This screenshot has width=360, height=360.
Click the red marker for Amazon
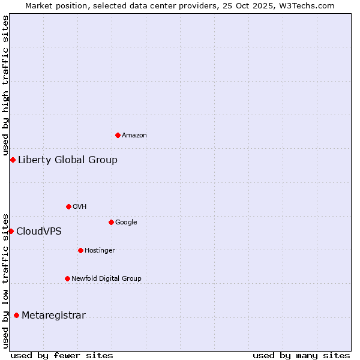click(118, 135)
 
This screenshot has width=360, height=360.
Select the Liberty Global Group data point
click(13, 160)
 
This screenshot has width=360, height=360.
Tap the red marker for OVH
click(68, 206)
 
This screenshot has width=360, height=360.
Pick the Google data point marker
click(111, 222)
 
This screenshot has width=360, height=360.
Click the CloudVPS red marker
click(11, 231)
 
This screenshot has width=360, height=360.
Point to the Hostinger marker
click(80, 250)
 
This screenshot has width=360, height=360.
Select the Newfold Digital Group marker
click(67, 278)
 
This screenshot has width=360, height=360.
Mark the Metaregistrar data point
click(16, 315)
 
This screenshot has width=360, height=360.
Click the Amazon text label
click(134, 136)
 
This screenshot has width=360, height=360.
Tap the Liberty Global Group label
click(68, 160)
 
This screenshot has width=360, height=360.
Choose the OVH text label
click(80, 207)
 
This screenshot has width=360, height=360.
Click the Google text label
click(126, 223)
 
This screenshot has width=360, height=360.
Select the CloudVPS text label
click(39, 232)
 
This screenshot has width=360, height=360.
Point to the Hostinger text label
click(100, 251)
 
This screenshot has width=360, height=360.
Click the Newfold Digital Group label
click(106, 279)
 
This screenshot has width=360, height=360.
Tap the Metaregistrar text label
click(53, 316)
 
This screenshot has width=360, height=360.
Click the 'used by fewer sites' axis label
click(62, 355)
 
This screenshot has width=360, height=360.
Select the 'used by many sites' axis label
click(301, 355)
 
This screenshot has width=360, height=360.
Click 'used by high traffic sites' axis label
click(5, 84)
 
